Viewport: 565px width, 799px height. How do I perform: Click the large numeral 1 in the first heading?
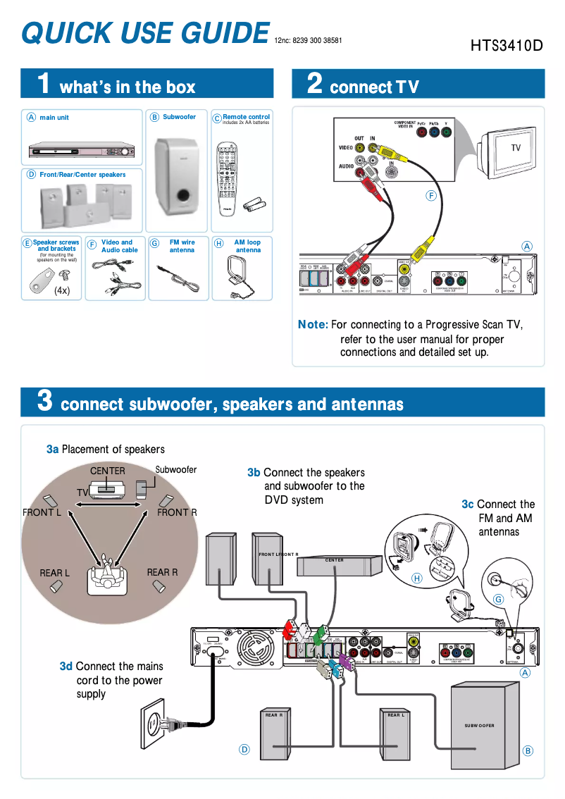[44, 84]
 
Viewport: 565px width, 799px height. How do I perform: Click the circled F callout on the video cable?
[431, 195]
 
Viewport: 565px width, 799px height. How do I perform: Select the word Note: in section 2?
[313, 325]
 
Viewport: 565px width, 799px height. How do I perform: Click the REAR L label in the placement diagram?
[54, 573]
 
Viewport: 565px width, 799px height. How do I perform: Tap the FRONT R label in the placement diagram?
[177, 512]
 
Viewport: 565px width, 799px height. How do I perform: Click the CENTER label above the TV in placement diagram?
[108, 471]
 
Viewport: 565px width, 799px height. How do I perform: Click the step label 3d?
[66, 666]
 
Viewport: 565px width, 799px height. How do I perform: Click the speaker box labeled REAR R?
[274, 739]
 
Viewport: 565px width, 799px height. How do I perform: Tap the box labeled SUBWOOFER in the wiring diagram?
[479, 726]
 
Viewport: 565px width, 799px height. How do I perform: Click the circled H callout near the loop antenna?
[416, 578]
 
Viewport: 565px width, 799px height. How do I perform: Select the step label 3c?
[468, 504]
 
